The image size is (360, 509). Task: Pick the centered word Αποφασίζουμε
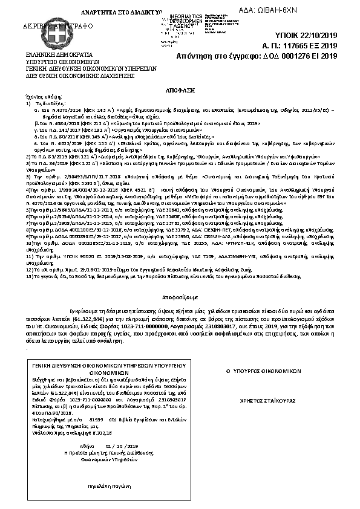[180, 299]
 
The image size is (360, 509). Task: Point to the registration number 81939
[96, 417]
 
